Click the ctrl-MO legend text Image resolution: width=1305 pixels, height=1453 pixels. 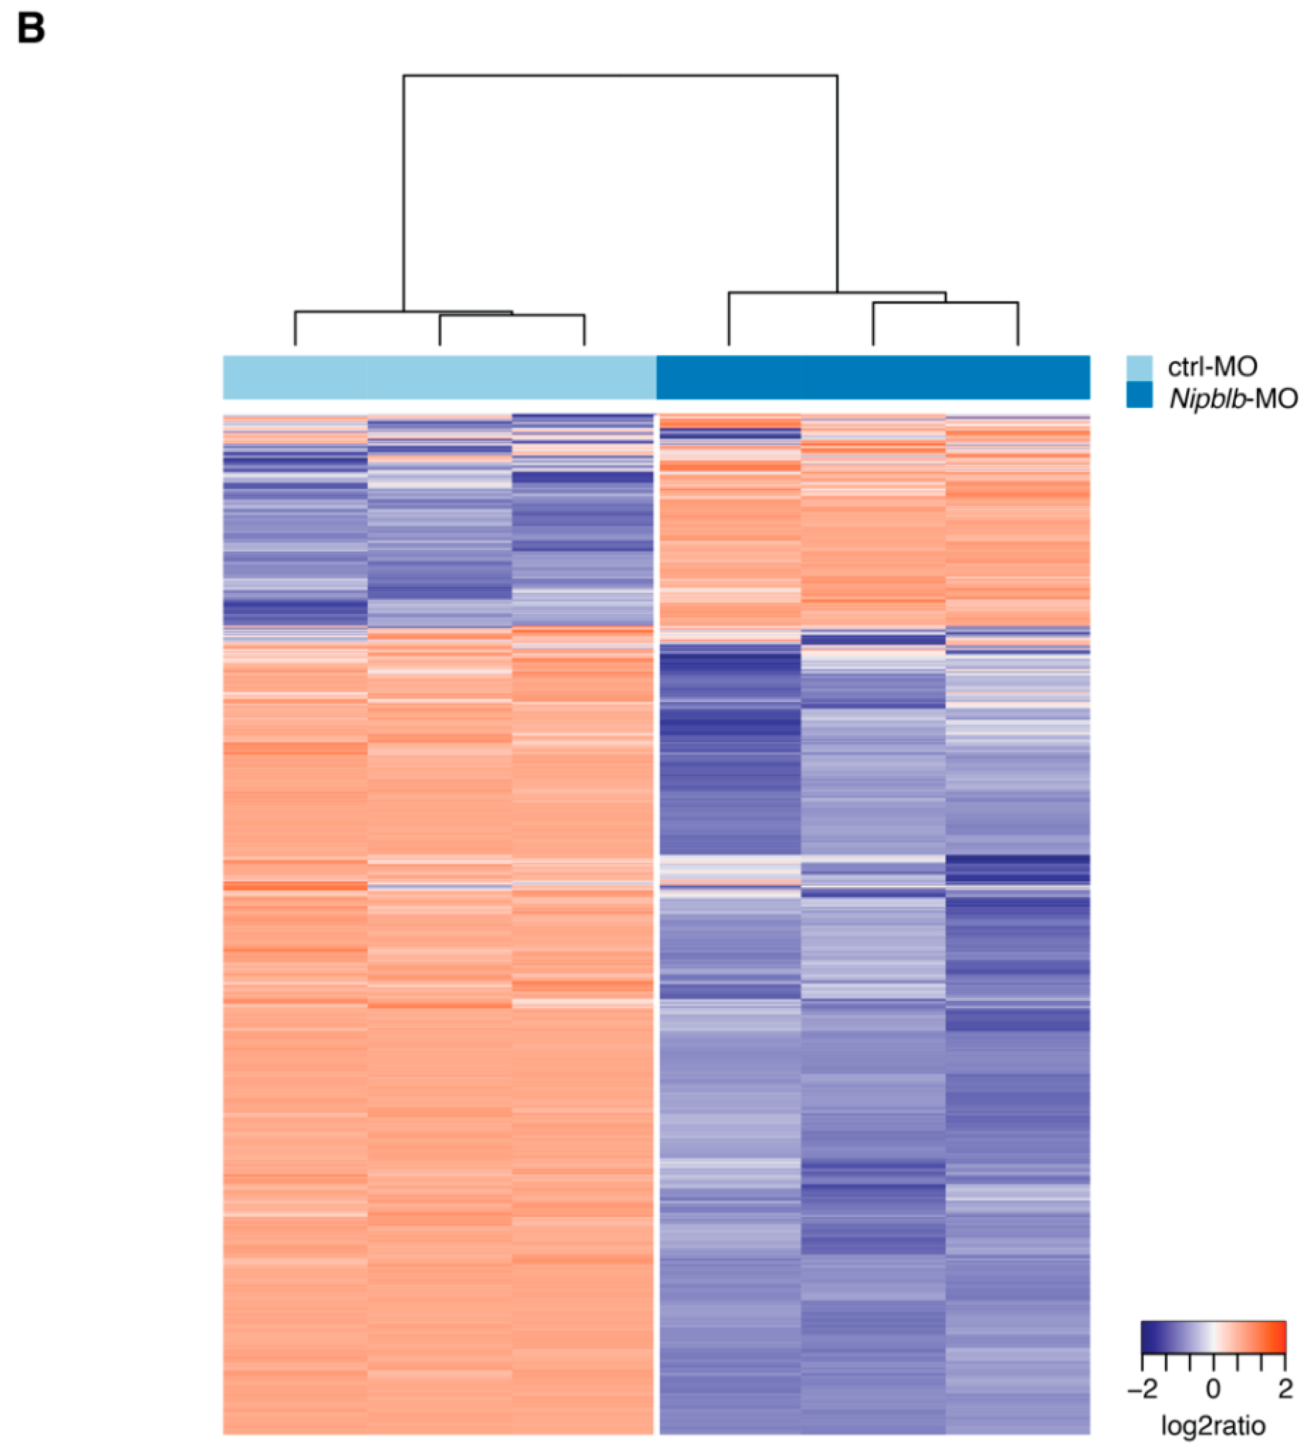click(1212, 367)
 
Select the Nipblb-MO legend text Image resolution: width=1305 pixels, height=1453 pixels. click(1233, 398)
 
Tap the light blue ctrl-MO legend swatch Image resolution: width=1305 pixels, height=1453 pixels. click(1139, 367)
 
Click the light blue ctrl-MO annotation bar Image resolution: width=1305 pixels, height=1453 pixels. click(439, 377)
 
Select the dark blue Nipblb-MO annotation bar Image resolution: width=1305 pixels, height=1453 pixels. click(873, 377)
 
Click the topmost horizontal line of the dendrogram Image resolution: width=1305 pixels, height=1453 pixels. click(620, 76)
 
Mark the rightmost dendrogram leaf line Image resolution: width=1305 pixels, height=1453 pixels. click(1018, 324)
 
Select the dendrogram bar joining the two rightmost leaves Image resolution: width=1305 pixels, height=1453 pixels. click(945, 303)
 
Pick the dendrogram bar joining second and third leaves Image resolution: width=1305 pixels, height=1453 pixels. click(512, 315)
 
